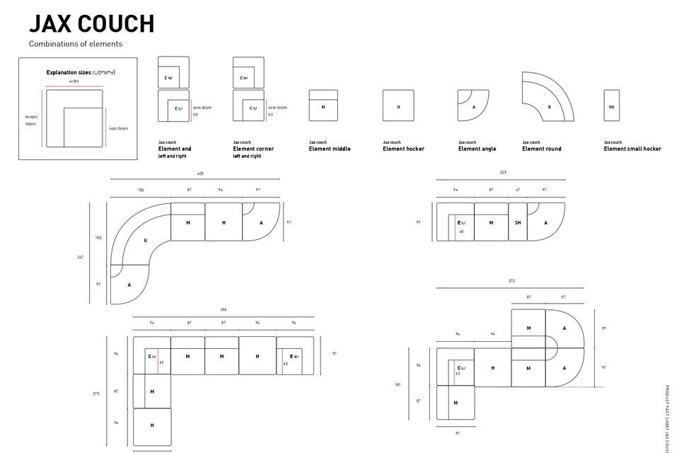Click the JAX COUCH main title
tap(91, 23)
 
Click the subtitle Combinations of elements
tap(76, 44)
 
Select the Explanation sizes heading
tap(81, 72)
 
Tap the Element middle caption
tap(330, 149)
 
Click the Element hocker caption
tap(403, 149)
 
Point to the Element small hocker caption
tap(632, 149)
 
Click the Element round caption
tap(542, 149)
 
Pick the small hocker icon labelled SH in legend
tap(611, 105)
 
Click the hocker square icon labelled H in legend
tap(398, 105)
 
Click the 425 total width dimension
tap(200, 173)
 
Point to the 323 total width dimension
tap(503, 173)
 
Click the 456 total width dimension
tap(223, 309)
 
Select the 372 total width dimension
tap(511, 281)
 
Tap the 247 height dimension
tap(81, 257)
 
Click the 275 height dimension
tap(95, 394)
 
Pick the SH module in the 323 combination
tap(518, 222)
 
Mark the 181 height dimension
tap(397, 385)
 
